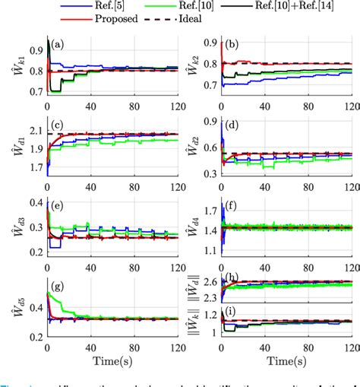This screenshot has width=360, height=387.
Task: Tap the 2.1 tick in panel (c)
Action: click(x=35, y=132)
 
